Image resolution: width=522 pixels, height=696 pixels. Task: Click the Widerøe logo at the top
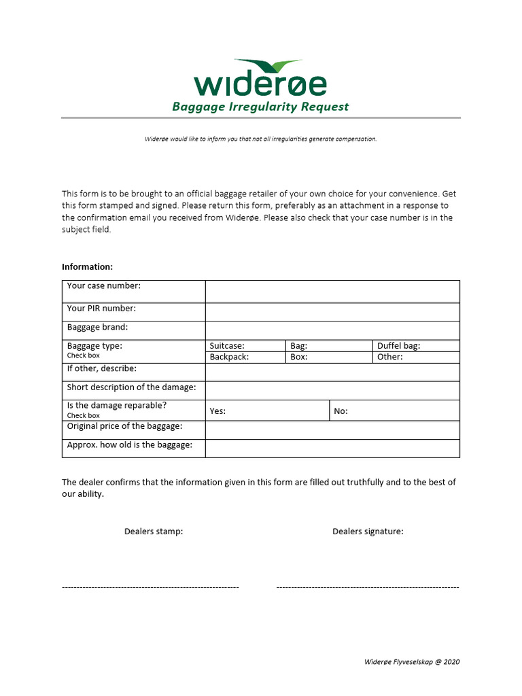[x=260, y=78]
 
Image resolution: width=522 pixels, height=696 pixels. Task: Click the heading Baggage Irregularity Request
[x=260, y=107]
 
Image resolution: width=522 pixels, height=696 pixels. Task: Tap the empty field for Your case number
[x=332, y=291]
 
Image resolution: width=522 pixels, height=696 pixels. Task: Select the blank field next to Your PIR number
[x=332, y=312]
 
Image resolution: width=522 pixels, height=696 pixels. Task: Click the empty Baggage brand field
[x=332, y=330]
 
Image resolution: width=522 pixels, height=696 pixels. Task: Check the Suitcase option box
[x=245, y=346]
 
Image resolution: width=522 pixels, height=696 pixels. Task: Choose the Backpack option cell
[x=245, y=357]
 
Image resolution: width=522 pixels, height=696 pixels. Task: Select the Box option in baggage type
[x=328, y=357]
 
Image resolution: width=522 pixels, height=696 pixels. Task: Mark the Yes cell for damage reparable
[x=268, y=411]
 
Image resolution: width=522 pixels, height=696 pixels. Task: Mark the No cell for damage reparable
[x=395, y=411]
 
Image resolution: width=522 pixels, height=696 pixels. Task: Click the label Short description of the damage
[x=131, y=387]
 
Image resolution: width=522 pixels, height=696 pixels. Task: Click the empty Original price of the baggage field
[x=332, y=430]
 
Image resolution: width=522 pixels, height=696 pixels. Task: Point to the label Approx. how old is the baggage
[x=129, y=445]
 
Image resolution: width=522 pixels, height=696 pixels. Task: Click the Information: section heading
[x=88, y=266]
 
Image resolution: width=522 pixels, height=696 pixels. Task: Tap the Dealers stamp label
[x=154, y=532]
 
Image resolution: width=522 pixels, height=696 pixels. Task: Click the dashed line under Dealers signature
[x=368, y=587]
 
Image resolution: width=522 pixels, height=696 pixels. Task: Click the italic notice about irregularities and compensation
[x=260, y=139]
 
